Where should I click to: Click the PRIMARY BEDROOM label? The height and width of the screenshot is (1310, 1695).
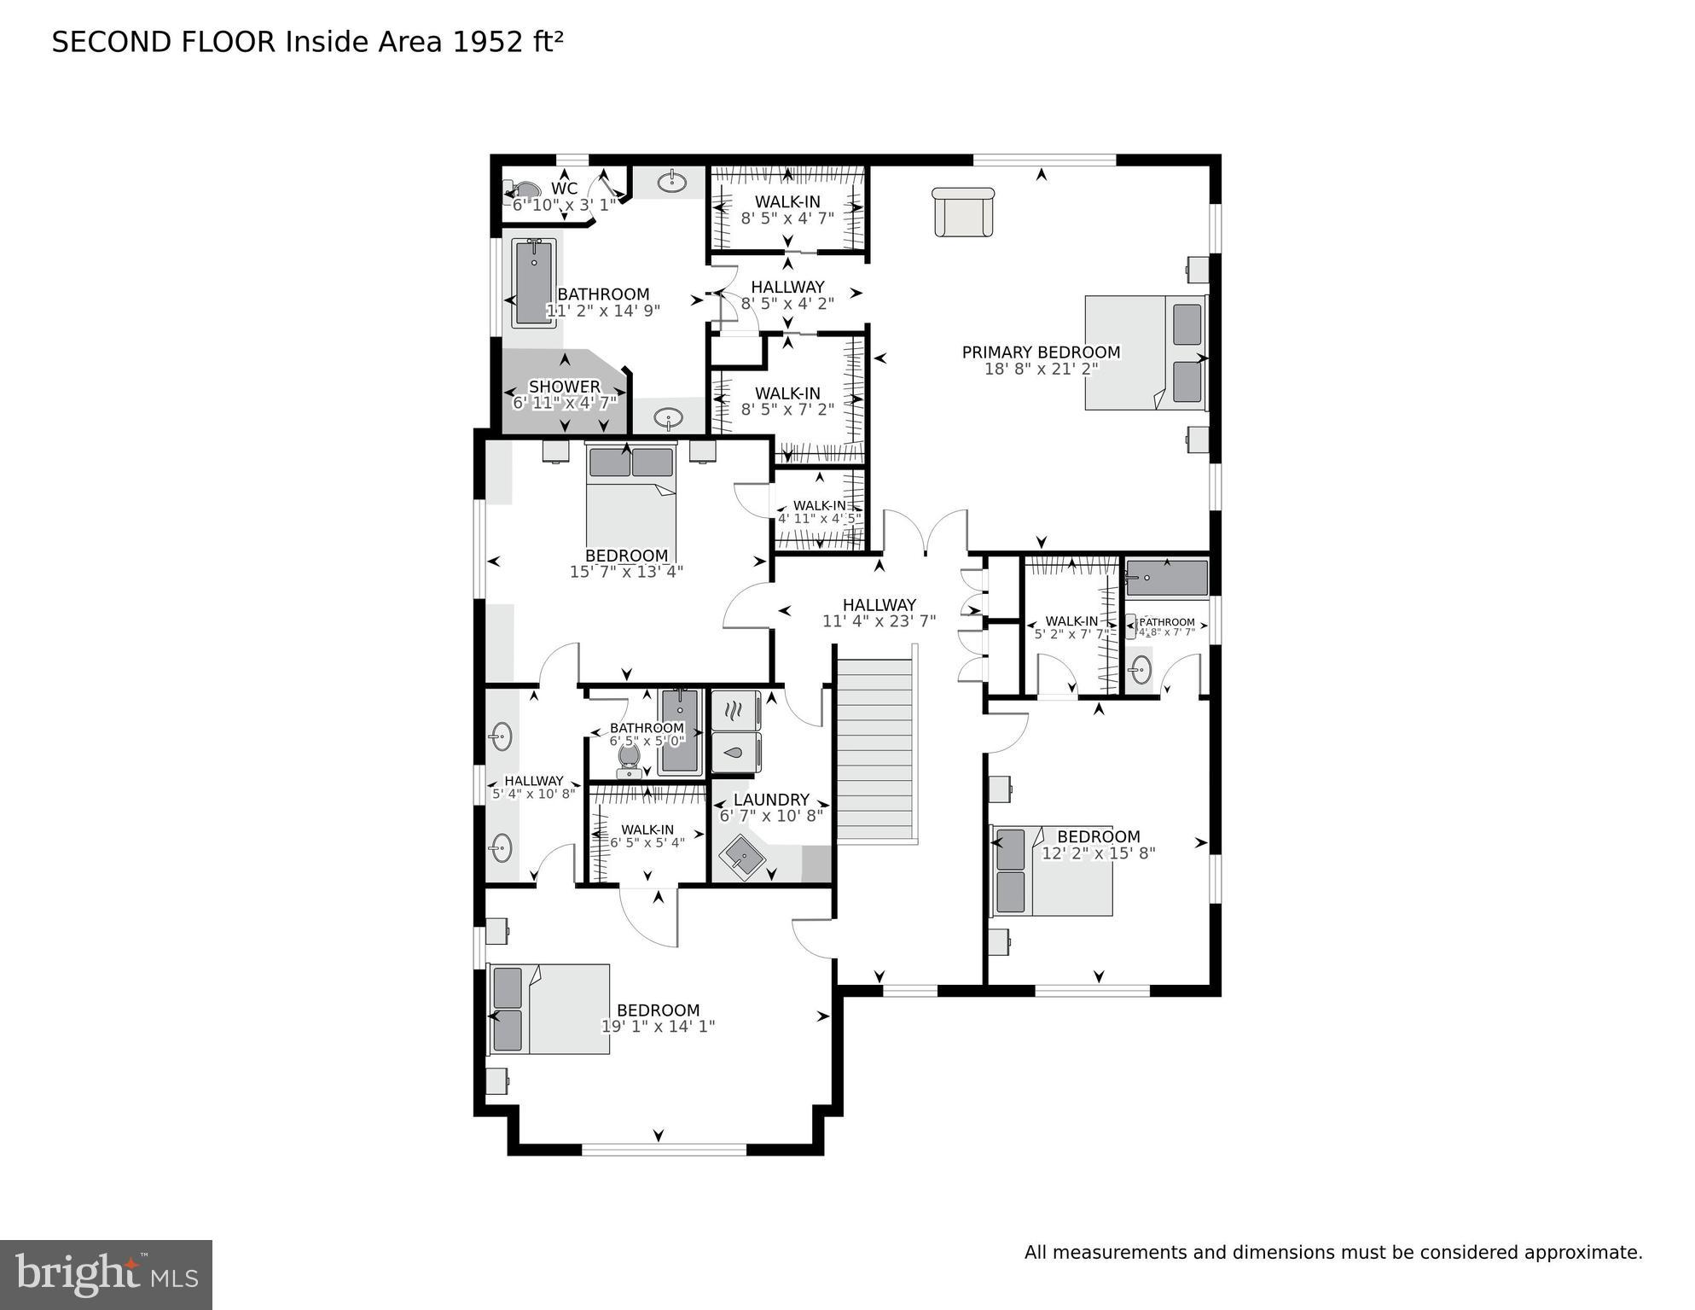tap(1041, 352)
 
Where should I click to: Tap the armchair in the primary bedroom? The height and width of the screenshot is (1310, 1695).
tap(963, 212)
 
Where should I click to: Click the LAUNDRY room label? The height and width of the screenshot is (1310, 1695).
tap(771, 800)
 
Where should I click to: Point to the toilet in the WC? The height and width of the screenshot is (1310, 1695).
tap(522, 189)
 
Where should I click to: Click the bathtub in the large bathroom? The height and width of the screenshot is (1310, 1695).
tap(535, 282)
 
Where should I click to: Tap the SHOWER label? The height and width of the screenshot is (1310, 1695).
tap(564, 387)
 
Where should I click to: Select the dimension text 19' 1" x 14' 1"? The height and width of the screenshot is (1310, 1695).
tap(658, 1027)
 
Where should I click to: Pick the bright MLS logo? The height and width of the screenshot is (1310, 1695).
tap(106, 1274)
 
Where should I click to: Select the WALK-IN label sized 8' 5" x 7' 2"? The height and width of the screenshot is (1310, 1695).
tap(787, 393)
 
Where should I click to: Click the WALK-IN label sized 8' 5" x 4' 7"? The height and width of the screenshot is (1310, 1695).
tap(787, 202)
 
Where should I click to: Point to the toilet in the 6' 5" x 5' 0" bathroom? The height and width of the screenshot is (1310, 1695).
tap(630, 760)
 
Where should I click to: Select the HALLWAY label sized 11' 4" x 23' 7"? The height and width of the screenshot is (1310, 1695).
tap(879, 605)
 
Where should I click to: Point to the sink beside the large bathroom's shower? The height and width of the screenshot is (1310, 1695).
tap(669, 418)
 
